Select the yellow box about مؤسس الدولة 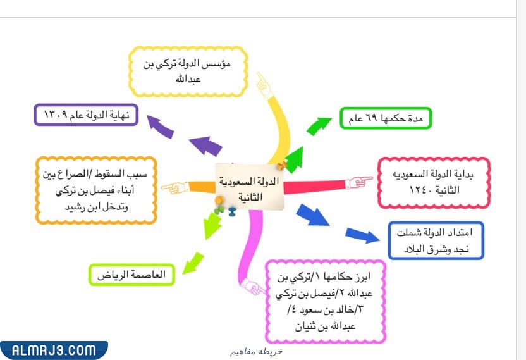coord(188,70)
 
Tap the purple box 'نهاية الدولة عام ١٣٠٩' coord(85,115)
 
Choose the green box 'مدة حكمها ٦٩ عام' coord(385,118)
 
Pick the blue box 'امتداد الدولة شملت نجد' coord(436,240)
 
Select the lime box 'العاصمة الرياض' coord(131,275)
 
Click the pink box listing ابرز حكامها coord(325,301)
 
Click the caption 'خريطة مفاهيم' coord(255,351)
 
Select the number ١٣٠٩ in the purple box coord(58,115)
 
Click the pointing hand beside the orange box coord(174,188)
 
